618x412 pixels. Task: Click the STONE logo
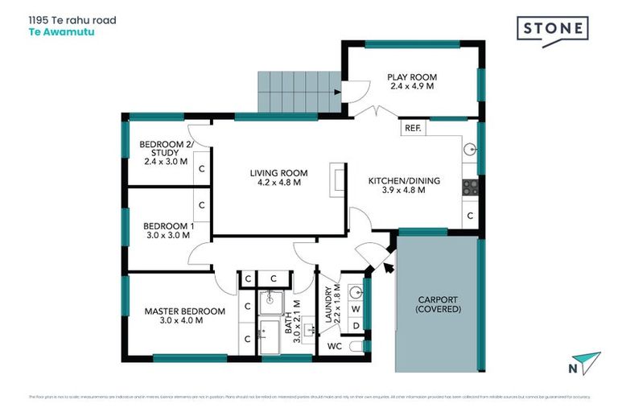point(551,30)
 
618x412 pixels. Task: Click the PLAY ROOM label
point(411,81)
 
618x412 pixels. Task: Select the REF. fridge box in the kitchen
point(413,128)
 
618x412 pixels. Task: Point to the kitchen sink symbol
point(472,150)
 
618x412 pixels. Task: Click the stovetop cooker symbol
point(471,187)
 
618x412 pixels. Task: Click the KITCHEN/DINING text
point(404,186)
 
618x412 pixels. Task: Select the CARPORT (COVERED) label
point(439,304)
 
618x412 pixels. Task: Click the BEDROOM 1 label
point(168,231)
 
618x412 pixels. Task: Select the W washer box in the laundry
point(355,307)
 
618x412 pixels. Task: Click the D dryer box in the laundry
point(355,325)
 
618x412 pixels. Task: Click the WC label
point(335,346)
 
